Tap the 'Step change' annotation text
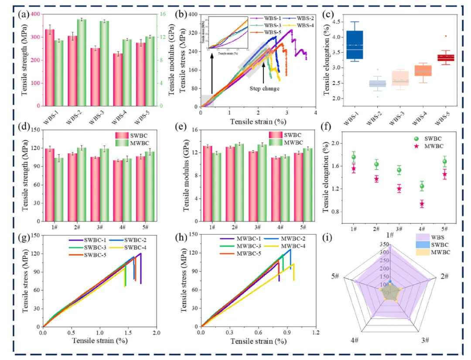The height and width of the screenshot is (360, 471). tap(264, 88)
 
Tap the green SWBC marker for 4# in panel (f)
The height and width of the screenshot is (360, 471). tap(422, 187)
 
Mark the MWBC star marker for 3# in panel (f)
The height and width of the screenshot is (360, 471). tap(399, 189)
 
